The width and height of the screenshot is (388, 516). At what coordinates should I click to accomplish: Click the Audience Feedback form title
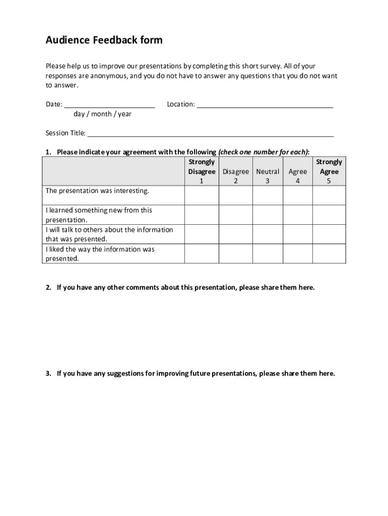click(x=104, y=40)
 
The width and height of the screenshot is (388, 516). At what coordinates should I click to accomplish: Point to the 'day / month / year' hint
click(x=102, y=114)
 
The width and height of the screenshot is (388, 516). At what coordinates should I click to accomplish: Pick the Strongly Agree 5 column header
click(x=329, y=171)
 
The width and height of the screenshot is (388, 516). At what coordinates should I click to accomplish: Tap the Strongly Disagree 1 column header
click(x=202, y=171)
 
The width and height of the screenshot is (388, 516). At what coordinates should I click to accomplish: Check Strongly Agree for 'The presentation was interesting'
click(x=329, y=195)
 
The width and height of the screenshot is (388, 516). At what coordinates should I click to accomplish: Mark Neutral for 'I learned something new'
click(x=268, y=215)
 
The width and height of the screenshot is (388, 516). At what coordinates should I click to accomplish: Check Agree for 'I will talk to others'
click(x=297, y=234)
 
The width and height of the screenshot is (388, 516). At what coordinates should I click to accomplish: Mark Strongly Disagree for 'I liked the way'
click(x=202, y=253)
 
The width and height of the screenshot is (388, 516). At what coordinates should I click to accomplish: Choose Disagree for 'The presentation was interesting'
click(x=235, y=195)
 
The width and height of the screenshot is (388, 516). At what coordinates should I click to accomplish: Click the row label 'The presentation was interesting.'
click(x=97, y=191)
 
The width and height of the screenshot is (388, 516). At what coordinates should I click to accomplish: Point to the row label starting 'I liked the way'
click(x=100, y=253)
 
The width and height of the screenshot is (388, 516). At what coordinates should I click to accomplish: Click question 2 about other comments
click(x=185, y=288)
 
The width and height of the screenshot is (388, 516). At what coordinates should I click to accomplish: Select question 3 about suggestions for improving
click(x=196, y=373)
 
